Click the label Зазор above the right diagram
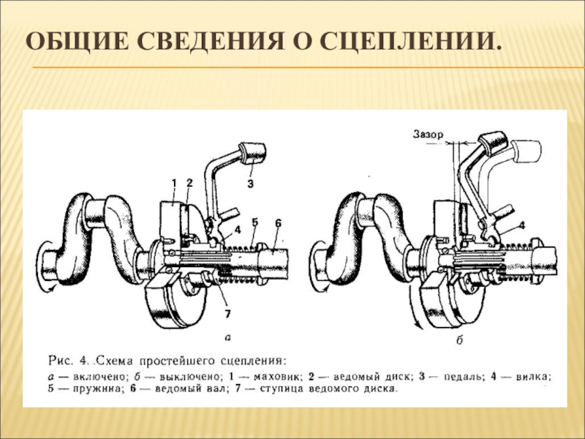pos(427,135)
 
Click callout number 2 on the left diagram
pos(189,181)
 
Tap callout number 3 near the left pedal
pos(250,184)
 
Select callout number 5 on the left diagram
pos(254,221)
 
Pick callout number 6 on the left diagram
pos(279,222)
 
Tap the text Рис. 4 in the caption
pos(69,359)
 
